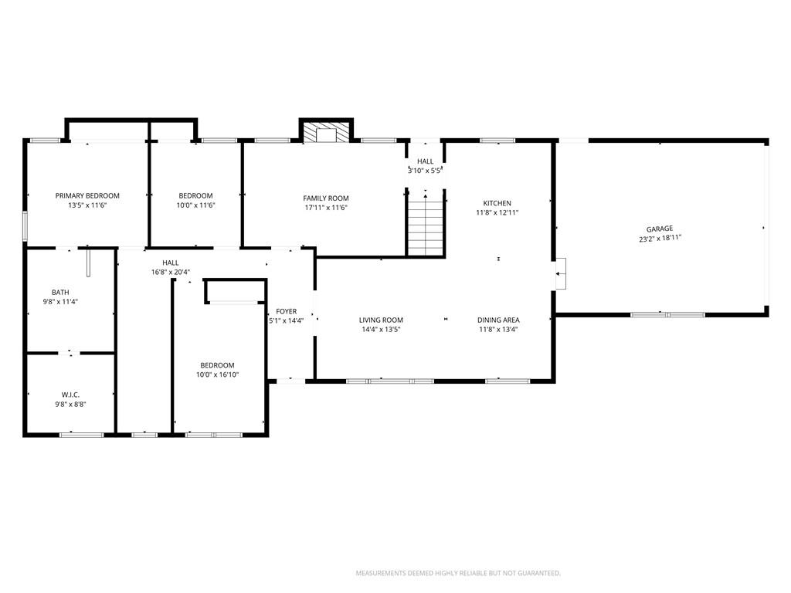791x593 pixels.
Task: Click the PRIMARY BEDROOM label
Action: click(87, 195)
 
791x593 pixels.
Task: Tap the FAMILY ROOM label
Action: click(326, 198)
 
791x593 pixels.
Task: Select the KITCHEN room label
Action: click(497, 203)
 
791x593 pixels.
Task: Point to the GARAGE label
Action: click(660, 229)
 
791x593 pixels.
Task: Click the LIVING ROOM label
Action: click(381, 320)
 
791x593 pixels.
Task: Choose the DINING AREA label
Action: click(498, 320)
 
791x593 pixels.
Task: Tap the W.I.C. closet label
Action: click(70, 395)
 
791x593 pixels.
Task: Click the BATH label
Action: click(60, 292)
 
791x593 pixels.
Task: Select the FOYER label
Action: click(286, 312)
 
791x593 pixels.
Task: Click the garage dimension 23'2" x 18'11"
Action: click(660, 239)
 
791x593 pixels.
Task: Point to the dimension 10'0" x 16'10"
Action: click(217, 374)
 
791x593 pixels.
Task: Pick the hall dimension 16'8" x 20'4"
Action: click(171, 273)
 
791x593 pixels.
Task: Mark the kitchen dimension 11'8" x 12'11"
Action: click(497, 213)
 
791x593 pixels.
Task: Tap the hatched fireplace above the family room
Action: click(326, 131)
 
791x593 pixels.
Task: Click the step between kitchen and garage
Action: click(561, 274)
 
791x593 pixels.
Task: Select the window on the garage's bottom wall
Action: click(667, 315)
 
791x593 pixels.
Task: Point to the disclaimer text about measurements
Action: click(458, 574)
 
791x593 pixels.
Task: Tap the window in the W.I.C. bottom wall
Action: click(82, 435)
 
